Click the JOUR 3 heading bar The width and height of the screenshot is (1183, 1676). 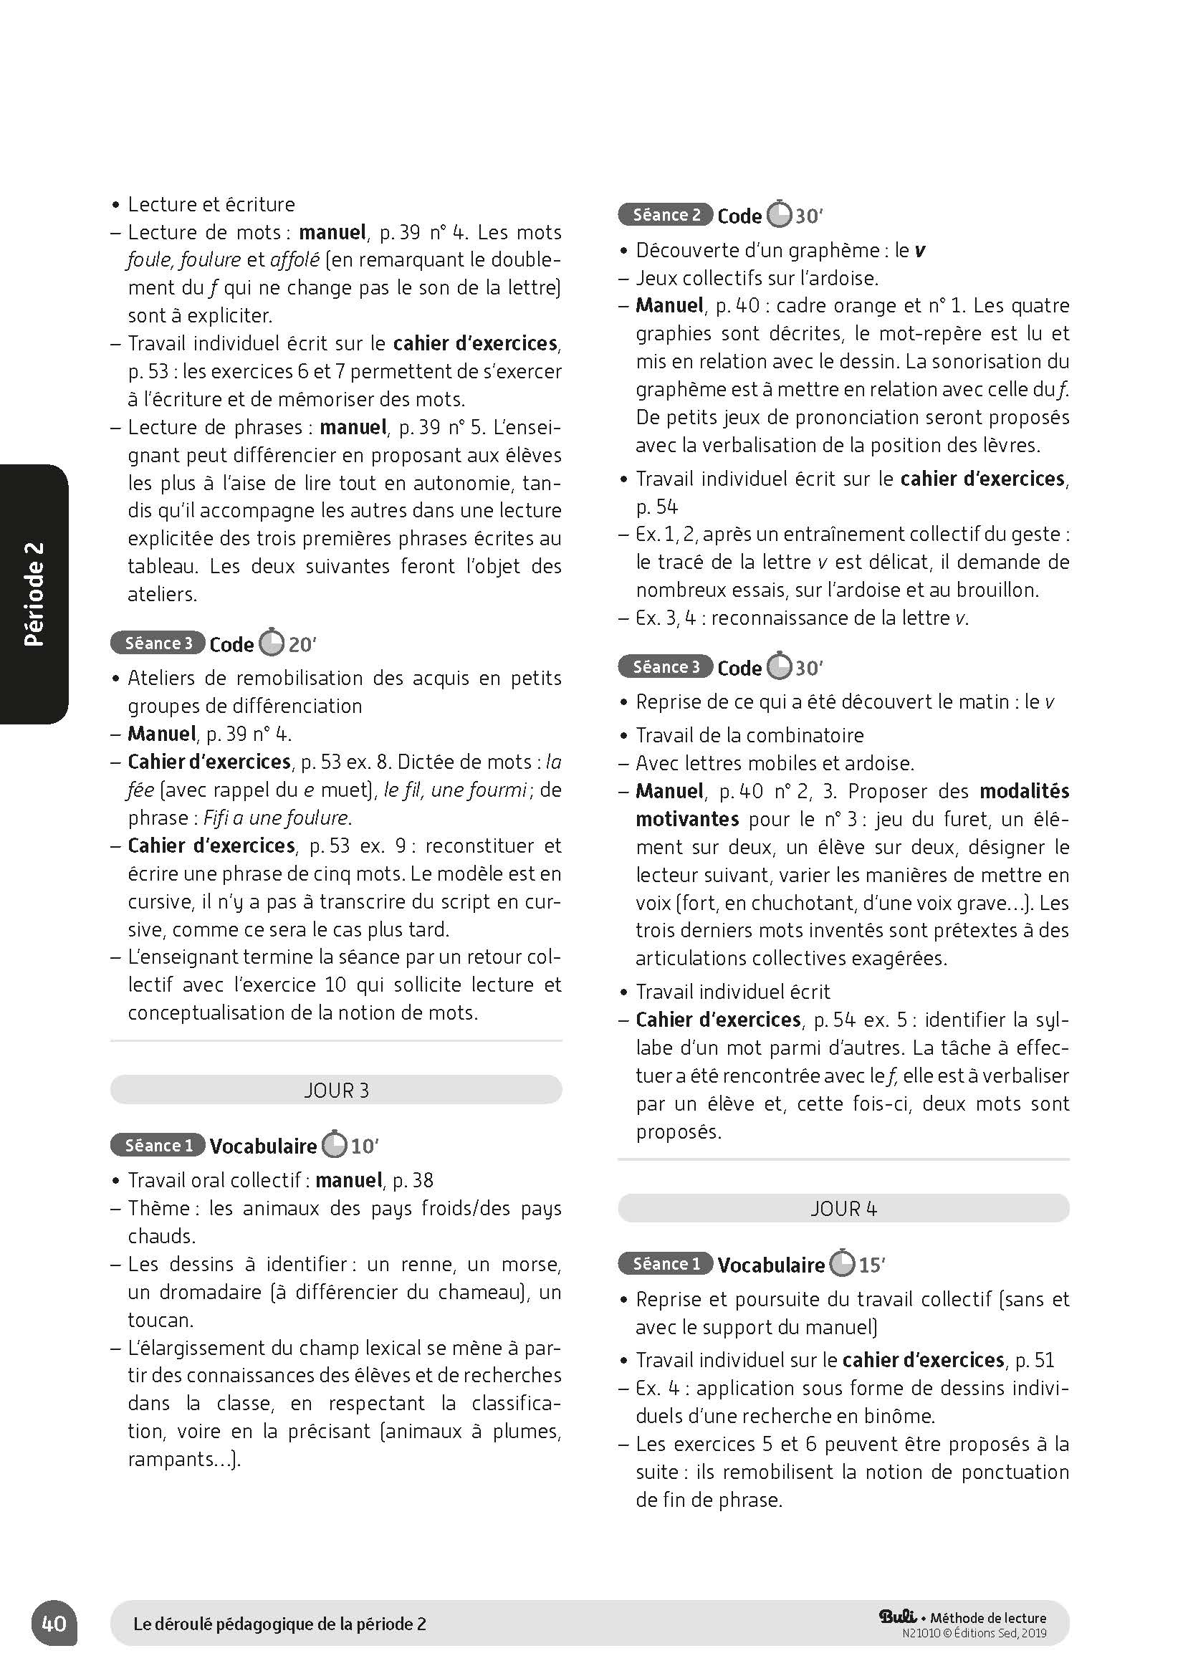[x=336, y=1090]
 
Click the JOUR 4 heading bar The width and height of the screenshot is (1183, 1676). [x=843, y=1208]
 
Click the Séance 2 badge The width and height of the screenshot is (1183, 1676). [x=666, y=215]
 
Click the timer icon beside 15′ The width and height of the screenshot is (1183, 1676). [x=843, y=1263]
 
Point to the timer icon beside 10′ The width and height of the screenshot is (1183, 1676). [x=334, y=1144]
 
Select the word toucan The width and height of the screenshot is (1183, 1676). [x=161, y=1319]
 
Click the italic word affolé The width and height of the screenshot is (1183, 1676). [x=294, y=260]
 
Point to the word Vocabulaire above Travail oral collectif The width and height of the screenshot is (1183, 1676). [x=263, y=1146]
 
